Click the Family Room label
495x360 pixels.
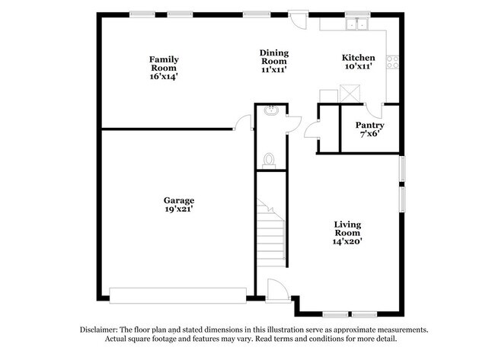tap(164, 63)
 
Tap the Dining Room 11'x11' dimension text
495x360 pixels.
tap(273, 70)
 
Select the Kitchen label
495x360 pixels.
tap(359, 58)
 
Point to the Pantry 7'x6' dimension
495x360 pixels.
tap(369, 134)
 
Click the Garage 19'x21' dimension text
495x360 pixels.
tap(179, 209)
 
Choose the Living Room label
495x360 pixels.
tap(347, 229)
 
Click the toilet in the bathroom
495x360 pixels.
tap(269, 161)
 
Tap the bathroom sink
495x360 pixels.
tap(272, 110)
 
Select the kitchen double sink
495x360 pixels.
tap(357, 24)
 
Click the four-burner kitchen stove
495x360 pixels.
tap(393, 62)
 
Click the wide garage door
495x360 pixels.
tap(177, 295)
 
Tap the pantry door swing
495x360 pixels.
tap(373, 110)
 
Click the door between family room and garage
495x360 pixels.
tap(243, 123)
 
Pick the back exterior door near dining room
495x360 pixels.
tap(299, 21)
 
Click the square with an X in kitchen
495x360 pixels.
tap(350, 94)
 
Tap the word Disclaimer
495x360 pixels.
tap(99, 330)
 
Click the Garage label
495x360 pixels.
tap(179, 201)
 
